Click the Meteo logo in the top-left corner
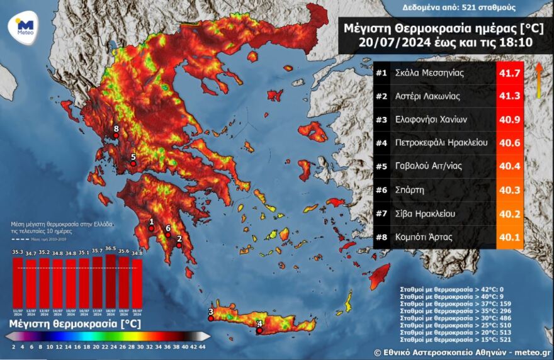coord(23,27)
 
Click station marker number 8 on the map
coord(116,133)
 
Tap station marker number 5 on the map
coord(133,163)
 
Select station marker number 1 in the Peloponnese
coord(152,228)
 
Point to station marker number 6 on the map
coord(168,235)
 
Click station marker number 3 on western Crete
coord(211,317)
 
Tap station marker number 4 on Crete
coord(259,330)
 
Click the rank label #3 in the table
coord(381,120)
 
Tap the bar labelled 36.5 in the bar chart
coord(111,280)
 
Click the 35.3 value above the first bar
coord(18,252)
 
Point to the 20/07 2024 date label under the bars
coord(137,312)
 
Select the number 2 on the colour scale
coord(14,347)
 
